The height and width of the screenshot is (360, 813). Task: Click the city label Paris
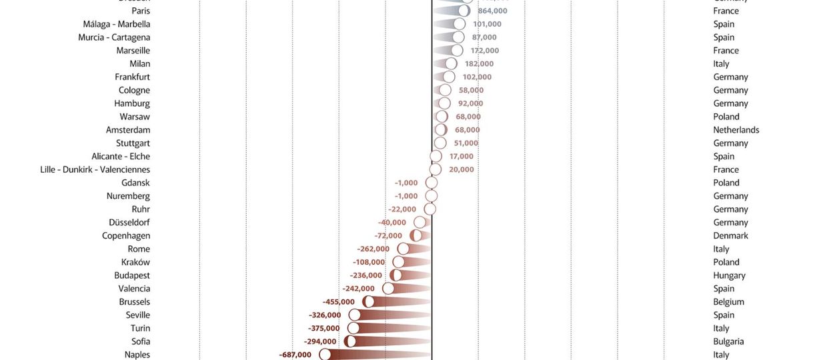pyautogui.click(x=141, y=11)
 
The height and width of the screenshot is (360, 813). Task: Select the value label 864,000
pyautogui.click(x=492, y=11)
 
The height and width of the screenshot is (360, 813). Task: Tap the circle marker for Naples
pyautogui.click(x=325, y=355)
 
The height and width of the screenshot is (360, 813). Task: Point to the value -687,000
pyautogui.click(x=295, y=355)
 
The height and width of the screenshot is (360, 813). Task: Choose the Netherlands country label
pyautogui.click(x=736, y=130)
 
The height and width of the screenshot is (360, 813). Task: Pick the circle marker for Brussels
pyautogui.click(x=368, y=301)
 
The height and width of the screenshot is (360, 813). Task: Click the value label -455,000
pyautogui.click(x=339, y=301)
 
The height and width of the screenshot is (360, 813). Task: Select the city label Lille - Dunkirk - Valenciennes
pyautogui.click(x=95, y=169)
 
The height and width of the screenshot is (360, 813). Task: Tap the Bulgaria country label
pyautogui.click(x=728, y=341)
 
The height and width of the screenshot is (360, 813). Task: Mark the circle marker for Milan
pyautogui.click(x=451, y=63)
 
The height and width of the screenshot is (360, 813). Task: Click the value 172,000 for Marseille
pyautogui.click(x=484, y=51)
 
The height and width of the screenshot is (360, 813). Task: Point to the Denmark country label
pyautogui.click(x=730, y=235)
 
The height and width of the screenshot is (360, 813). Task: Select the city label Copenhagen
pyautogui.click(x=126, y=235)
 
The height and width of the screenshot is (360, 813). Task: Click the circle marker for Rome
pyautogui.click(x=403, y=249)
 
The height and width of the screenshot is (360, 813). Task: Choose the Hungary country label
pyautogui.click(x=729, y=275)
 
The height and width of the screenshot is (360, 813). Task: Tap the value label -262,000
pyautogui.click(x=373, y=249)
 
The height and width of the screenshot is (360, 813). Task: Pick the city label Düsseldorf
pyautogui.click(x=129, y=222)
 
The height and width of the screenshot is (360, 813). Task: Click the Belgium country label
pyautogui.click(x=728, y=301)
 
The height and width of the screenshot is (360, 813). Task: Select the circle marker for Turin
pyautogui.click(x=353, y=328)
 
